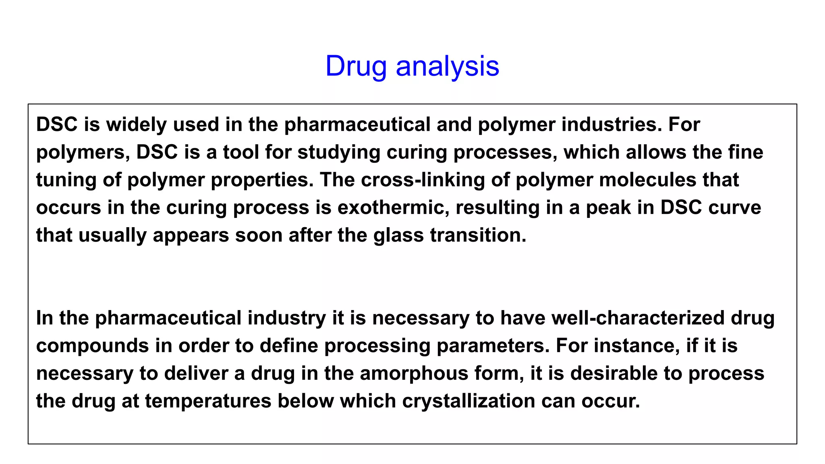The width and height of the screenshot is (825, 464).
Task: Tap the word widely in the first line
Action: (x=136, y=124)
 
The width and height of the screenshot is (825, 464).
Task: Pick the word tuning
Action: (x=66, y=180)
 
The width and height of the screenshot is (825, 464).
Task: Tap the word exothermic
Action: (x=393, y=207)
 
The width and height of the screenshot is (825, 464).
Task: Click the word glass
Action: (x=398, y=235)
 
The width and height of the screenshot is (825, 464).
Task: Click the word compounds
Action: (x=93, y=346)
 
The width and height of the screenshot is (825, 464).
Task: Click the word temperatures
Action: (x=208, y=401)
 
